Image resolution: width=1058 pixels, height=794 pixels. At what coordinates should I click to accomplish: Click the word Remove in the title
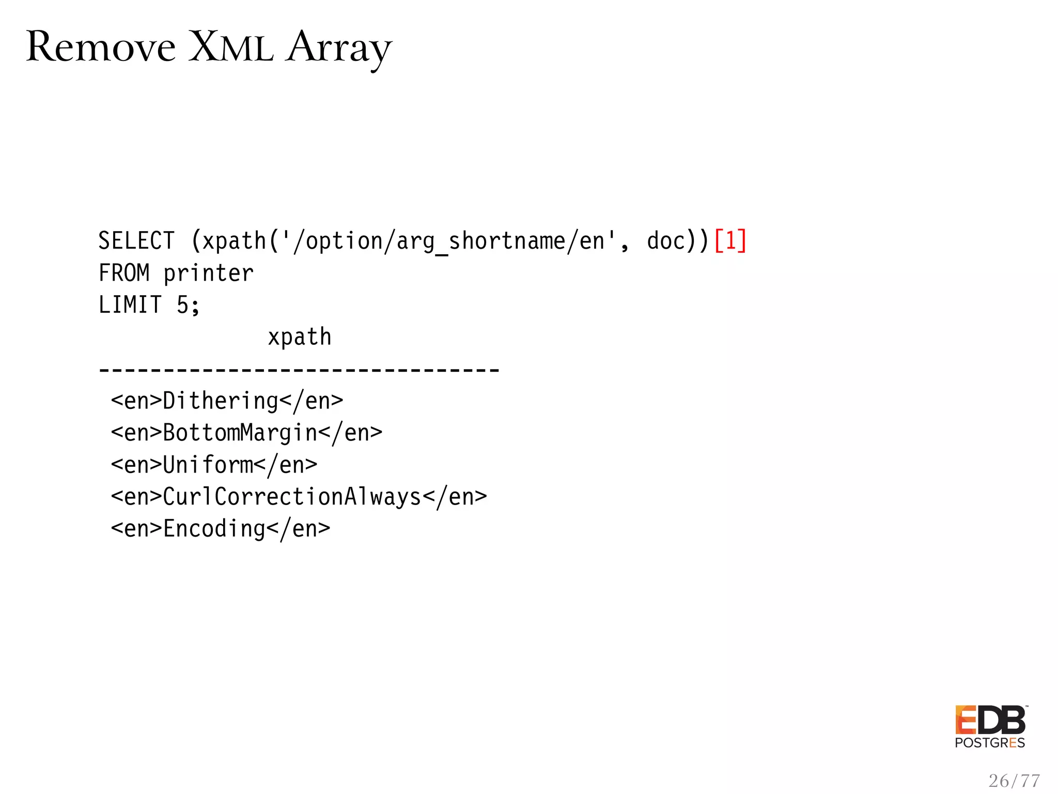click(x=101, y=48)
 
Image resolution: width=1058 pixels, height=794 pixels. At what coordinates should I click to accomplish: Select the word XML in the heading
click(x=230, y=48)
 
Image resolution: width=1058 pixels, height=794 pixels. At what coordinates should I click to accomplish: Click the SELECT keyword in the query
click(x=136, y=241)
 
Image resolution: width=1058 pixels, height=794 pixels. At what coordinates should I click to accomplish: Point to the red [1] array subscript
click(x=730, y=241)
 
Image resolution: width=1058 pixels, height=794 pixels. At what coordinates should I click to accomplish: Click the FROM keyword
click(x=124, y=273)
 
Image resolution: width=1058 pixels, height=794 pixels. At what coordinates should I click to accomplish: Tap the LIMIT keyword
click(x=130, y=305)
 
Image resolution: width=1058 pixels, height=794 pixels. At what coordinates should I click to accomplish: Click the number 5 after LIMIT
click(x=183, y=305)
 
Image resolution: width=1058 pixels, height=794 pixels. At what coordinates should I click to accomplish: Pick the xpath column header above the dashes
click(x=299, y=337)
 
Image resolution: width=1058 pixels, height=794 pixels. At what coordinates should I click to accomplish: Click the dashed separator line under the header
click(x=299, y=370)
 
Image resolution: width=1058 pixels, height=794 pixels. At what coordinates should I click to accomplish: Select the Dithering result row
click(x=227, y=401)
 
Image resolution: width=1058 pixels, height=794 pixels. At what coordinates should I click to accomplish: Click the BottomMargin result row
click(x=246, y=433)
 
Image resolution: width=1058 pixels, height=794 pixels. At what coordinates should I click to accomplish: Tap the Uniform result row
click(x=214, y=465)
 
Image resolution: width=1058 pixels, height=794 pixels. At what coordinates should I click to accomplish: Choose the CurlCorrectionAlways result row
click(x=299, y=497)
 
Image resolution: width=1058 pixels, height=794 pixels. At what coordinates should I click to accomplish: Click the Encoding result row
click(x=221, y=529)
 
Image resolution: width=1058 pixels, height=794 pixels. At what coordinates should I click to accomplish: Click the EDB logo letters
click(x=990, y=720)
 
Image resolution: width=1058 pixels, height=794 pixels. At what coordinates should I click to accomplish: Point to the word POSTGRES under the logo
click(x=990, y=743)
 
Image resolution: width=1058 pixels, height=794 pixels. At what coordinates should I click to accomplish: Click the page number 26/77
click(x=1014, y=781)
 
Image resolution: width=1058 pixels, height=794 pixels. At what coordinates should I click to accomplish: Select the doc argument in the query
click(x=666, y=241)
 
